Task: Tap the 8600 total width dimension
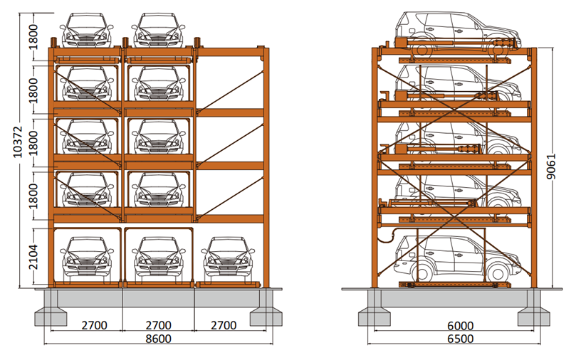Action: click(x=157, y=339)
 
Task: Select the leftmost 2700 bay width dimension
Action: click(x=94, y=325)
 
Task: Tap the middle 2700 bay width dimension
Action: click(x=159, y=325)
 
